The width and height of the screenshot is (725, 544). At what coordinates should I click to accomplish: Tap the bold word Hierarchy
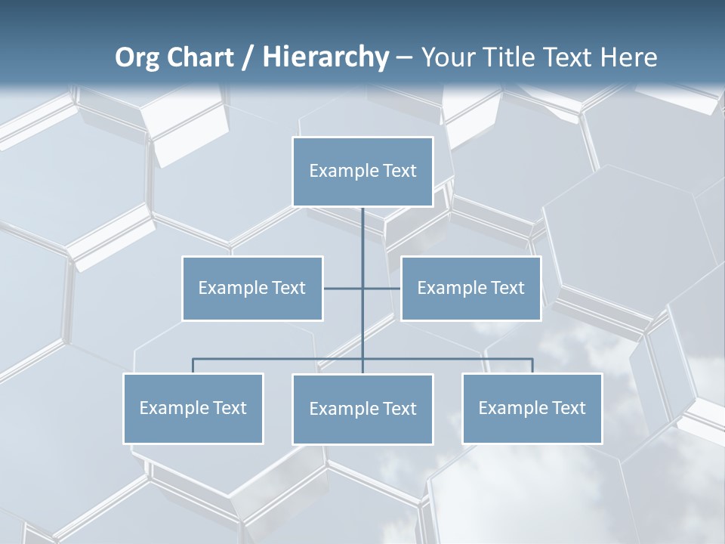(325, 57)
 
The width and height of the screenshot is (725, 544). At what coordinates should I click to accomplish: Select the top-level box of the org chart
(362, 172)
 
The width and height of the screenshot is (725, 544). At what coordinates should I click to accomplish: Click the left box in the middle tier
(252, 289)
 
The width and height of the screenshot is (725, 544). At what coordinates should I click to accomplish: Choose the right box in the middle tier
(470, 289)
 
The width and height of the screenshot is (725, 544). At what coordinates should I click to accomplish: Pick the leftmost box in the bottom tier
(193, 409)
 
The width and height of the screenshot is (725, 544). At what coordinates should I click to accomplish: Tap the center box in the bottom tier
(362, 410)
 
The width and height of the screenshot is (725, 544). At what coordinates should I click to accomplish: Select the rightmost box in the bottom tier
(532, 409)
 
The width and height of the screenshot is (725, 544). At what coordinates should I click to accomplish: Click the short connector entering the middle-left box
(342, 289)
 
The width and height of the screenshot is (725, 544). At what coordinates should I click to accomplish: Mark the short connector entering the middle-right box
(382, 289)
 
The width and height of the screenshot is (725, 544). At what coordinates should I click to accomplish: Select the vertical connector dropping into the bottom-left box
(193, 366)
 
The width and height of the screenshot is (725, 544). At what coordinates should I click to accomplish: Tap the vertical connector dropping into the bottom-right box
(532, 366)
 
